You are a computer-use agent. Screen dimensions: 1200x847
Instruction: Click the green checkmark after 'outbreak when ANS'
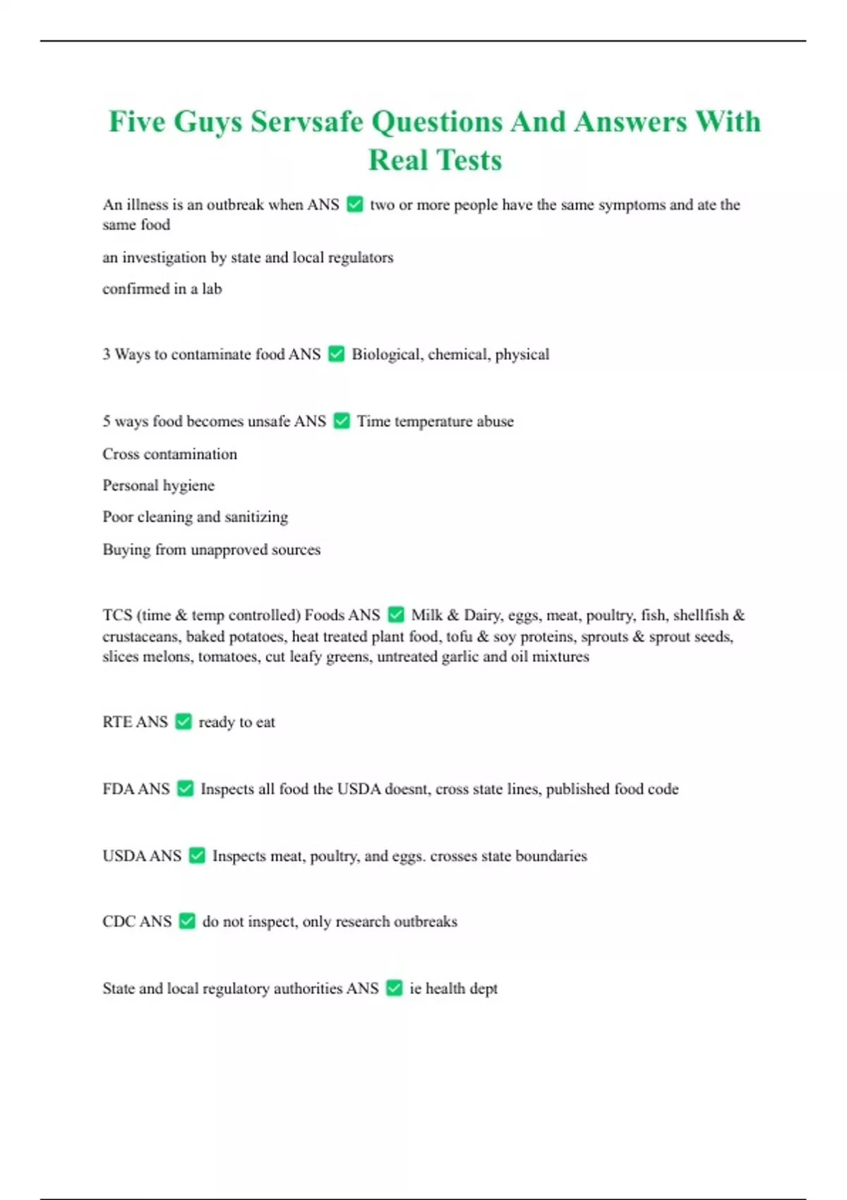pos(355,205)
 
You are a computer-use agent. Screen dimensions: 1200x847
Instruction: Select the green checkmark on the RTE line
pos(184,721)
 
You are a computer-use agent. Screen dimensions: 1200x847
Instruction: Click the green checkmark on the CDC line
pos(187,921)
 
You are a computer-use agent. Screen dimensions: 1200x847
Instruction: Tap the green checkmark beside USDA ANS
pos(198,856)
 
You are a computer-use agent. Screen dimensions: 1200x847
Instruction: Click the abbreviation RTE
pos(116,722)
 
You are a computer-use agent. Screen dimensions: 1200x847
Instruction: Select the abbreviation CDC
pos(118,922)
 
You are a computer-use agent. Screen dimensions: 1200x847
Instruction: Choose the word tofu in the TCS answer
pos(459,637)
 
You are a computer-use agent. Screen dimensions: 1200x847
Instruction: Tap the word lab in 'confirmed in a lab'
pos(212,289)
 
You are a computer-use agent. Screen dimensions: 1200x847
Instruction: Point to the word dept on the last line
pos(483,989)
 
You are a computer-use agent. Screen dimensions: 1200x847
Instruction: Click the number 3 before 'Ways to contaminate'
pos(107,354)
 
